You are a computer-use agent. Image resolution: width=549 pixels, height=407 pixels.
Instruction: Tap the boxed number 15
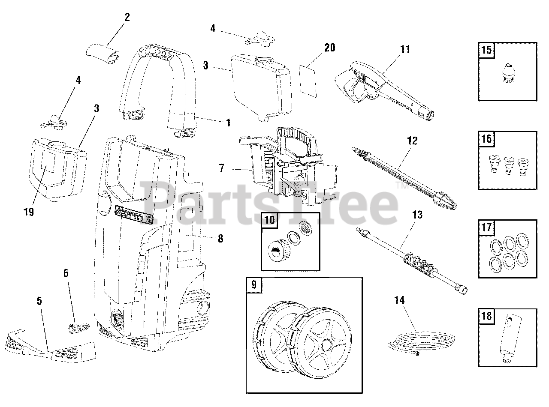486,50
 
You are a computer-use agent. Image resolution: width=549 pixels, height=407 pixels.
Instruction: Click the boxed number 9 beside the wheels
253,285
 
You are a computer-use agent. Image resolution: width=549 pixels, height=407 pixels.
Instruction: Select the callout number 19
29,212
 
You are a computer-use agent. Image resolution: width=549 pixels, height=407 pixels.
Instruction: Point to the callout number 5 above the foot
39,301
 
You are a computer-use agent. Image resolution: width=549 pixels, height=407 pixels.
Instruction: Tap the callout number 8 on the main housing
220,239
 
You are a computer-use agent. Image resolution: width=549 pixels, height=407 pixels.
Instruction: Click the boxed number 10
269,221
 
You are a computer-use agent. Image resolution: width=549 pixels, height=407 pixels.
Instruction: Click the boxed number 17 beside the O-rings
486,227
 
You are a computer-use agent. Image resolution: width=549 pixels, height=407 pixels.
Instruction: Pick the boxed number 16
486,139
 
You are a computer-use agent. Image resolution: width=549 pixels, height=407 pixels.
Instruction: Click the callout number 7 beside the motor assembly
221,168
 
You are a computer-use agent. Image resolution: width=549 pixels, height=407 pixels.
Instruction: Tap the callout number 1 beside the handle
228,123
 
